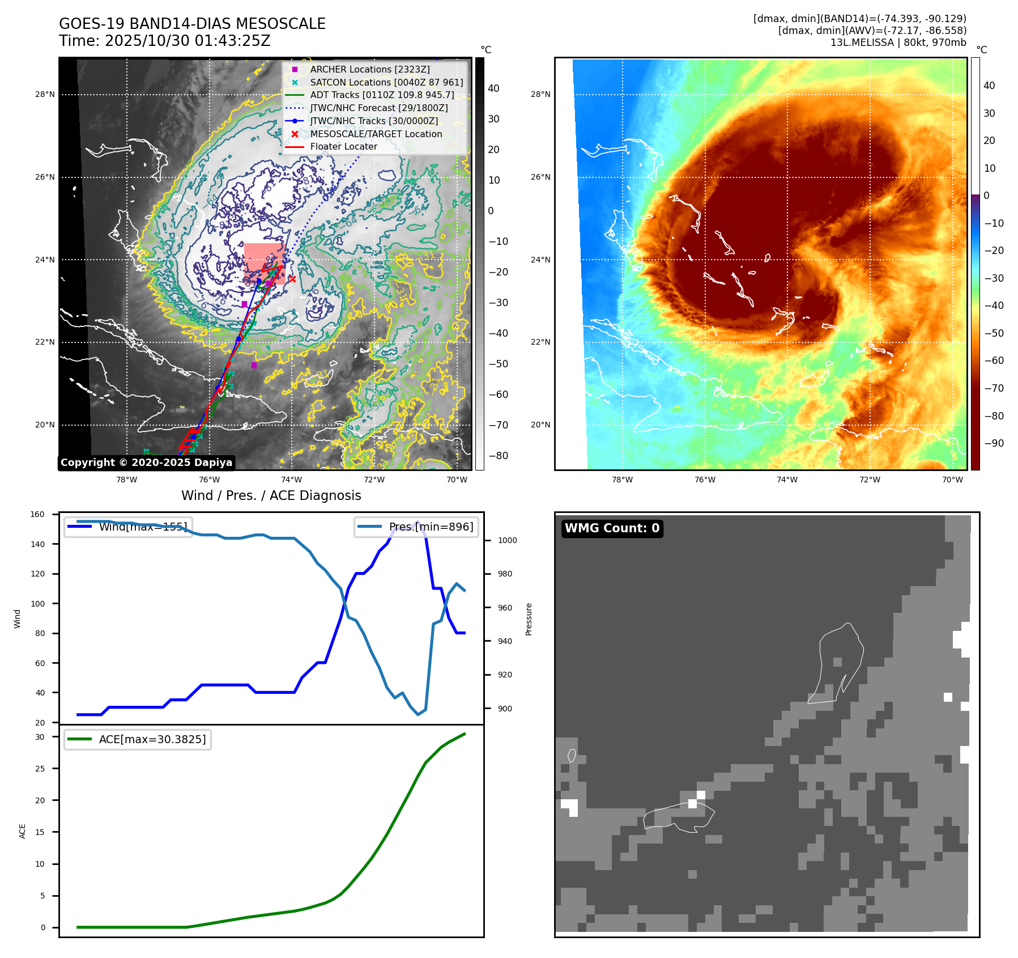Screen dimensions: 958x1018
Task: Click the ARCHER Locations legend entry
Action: (369, 69)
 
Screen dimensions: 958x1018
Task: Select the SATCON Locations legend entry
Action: (386, 82)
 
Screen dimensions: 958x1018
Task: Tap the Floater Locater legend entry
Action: (343, 146)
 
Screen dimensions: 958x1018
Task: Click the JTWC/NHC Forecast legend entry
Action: (378, 108)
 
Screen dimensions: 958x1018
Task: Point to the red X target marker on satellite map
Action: (292, 278)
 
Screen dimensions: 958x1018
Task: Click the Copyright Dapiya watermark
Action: (146, 463)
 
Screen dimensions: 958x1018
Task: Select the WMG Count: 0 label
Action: (612, 528)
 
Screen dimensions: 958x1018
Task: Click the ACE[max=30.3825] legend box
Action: (138, 739)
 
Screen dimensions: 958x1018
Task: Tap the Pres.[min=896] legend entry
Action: (416, 527)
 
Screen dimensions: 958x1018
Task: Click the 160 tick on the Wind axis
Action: (37, 515)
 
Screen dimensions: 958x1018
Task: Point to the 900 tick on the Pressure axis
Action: (505, 709)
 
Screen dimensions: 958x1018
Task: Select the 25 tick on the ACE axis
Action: (40, 769)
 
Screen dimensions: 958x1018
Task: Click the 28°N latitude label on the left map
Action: (45, 95)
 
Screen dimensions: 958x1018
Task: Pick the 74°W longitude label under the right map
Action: (787, 480)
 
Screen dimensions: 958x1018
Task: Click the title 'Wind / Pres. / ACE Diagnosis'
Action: (271, 495)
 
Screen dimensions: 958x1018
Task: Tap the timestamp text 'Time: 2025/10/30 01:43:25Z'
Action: (164, 41)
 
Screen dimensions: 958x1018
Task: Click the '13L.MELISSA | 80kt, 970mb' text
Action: (898, 43)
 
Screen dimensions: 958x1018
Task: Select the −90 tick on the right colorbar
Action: (994, 443)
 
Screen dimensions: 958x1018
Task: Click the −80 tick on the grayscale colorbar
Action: (498, 456)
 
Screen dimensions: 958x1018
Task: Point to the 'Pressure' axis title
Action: (529, 619)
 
